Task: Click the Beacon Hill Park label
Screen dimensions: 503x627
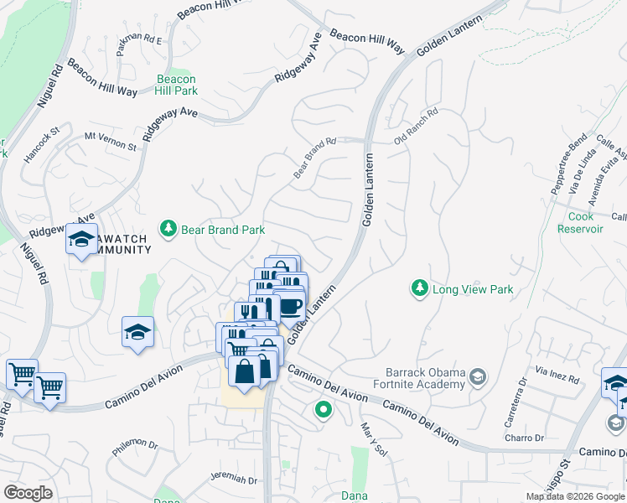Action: point(177,85)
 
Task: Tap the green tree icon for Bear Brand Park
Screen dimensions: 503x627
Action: point(168,229)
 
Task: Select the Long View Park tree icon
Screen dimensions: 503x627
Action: point(419,289)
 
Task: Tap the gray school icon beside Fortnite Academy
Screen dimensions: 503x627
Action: point(478,375)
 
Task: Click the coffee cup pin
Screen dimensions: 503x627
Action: point(291,306)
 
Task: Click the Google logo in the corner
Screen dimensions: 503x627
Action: point(28,493)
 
